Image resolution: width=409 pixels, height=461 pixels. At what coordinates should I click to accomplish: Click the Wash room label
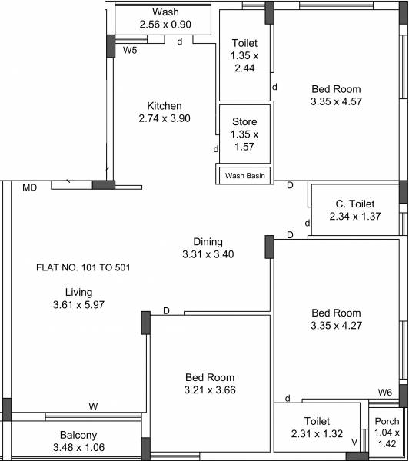165,12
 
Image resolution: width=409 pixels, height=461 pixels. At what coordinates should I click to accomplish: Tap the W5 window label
131,51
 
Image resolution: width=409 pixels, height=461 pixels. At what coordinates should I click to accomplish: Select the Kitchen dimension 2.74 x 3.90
165,118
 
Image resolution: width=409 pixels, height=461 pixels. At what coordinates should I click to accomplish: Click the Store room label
244,122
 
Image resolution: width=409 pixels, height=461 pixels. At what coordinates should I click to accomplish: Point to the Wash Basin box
244,176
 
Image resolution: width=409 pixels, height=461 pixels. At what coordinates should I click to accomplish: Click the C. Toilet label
354,204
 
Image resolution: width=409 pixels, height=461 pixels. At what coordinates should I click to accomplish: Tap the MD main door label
30,187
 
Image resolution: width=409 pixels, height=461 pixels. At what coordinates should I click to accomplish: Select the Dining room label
208,240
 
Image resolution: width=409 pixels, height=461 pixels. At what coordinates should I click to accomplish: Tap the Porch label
386,421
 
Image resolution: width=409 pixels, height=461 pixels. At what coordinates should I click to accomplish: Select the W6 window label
385,393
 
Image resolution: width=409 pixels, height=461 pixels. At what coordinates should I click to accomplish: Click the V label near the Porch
354,442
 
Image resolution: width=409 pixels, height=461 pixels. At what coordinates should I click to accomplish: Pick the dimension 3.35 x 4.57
336,101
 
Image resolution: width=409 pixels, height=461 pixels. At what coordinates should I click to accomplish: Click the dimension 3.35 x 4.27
336,325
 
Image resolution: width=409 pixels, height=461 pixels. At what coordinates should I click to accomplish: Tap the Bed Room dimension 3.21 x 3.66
210,390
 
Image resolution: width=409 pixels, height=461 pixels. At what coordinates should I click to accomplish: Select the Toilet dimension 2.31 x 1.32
317,433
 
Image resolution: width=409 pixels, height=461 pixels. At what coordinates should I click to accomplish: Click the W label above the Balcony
93,406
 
